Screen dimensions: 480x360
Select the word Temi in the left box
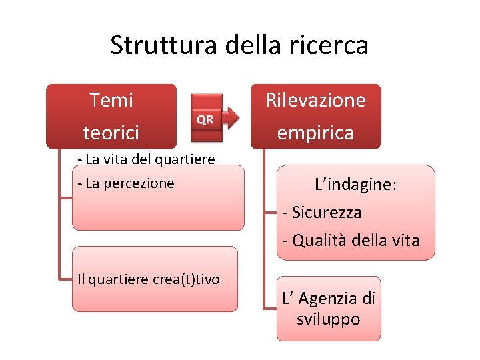tap(111, 100)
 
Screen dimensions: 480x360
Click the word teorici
tap(111, 133)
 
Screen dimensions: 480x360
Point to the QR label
tap(205, 119)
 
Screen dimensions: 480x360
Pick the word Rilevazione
tap(316, 100)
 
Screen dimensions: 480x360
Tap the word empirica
tap(315, 133)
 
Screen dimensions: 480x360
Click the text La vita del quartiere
tap(146, 159)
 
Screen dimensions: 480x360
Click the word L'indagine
tap(355, 185)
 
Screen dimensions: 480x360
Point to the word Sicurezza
tap(327, 213)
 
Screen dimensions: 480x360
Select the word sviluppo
tap(328, 319)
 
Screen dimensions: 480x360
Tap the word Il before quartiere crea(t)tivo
tap(81, 279)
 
